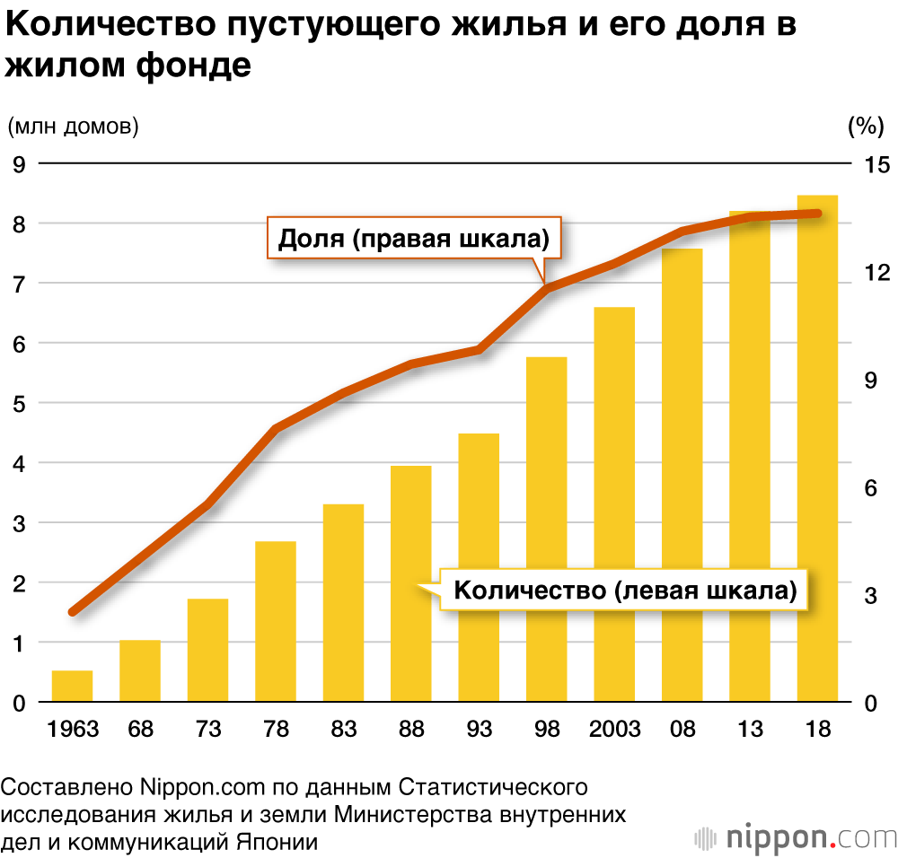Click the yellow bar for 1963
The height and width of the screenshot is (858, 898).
pyautogui.click(x=72, y=687)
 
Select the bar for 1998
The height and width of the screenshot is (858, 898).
pyautogui.click(x=547, y=530)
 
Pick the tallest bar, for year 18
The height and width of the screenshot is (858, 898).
pyautogui.click(x=817, y=449)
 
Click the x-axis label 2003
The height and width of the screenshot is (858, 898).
pyautogui.click(x=615, y=728)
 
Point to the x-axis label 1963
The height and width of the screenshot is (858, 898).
pyautogui.click(x=72, y=728)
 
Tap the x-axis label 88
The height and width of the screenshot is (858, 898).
pyautogui.click(x=411, y=728)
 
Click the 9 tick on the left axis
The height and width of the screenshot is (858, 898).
pyautogui.click(x=18, y=164)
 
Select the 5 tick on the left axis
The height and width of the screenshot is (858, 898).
pyautogui.click(x=18, y=404)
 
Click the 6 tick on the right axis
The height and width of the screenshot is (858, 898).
pyautogui.click(x=869, y=488)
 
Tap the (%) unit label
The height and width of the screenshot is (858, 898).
pyautogui.click(x=867, y=127)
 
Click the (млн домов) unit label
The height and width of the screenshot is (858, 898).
pyautogui.click(x=74, y=127)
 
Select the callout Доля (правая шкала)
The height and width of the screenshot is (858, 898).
pyautogui.click(x=415, y=239)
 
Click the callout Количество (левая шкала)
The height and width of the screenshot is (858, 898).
pyautogui.click(x=625, y=591)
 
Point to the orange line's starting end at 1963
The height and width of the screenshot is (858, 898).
pyautogui.click(x=73, y=612)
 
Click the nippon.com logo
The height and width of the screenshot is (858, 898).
pyautogui.click(x=796, y=836)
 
